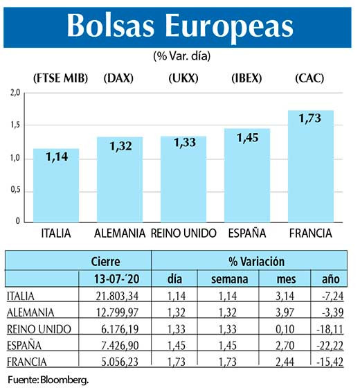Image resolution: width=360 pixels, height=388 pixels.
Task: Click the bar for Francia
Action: click(x=311, y=166)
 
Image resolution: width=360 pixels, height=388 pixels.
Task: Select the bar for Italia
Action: click(x=56, y=185)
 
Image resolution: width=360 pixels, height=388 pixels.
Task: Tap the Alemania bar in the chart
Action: click(x=120, y=179)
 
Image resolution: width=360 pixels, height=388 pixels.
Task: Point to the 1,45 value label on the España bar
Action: click(x=248, y=139)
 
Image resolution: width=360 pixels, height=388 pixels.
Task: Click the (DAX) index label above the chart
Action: click(x=120, y=78)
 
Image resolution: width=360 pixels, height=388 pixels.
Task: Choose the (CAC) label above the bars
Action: click(x=311, y=78)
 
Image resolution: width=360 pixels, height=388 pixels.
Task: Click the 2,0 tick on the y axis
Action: click(x=15, y=93)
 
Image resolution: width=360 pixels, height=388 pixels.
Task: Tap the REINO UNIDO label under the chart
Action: click(x=184, y=233)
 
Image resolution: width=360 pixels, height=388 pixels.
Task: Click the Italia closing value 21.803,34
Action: click(x=116, y=296)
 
